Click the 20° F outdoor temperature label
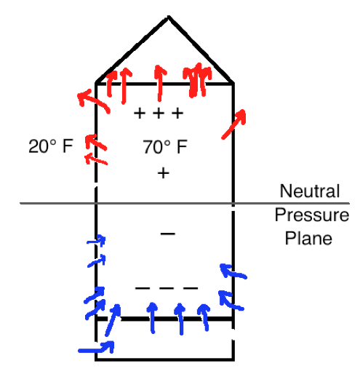coord(51,146)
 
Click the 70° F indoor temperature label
coord(165,147)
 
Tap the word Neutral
coord(310,191)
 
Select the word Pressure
coord(312,215)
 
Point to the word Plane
coord(308,238)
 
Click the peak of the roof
coord(168,17)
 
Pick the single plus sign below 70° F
coord(163,173)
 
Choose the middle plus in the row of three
coord(159,114)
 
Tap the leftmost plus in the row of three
coord(140,114)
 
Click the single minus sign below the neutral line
coord(168,234)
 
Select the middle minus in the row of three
coord(167,288)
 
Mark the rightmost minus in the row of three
coord(191,288)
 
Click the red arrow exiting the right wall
coord(234,124)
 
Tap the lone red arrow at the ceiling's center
coord(159,83)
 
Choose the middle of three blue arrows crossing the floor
coord(180,319)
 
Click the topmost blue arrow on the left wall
coord(97,240)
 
